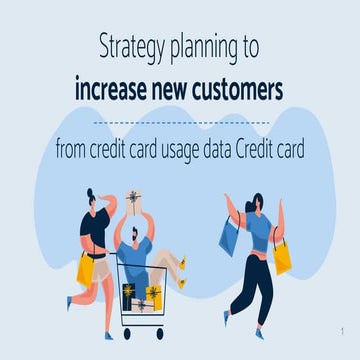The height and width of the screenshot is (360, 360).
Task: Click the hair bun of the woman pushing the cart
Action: (x=90, y=193)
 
